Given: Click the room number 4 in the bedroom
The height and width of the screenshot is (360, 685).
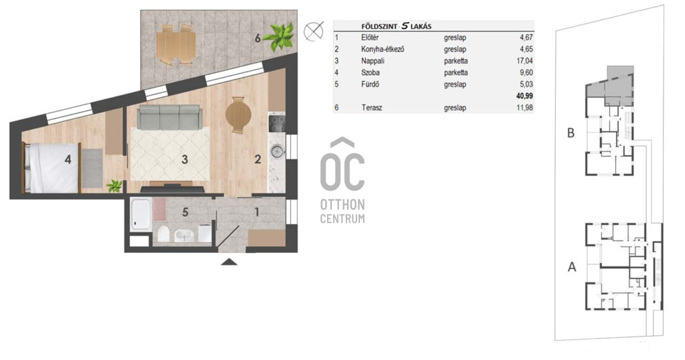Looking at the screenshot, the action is tap(68, 159).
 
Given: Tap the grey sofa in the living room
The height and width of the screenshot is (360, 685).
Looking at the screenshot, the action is tap(169, 117).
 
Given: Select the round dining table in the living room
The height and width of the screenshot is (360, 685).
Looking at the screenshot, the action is tap(238, 115).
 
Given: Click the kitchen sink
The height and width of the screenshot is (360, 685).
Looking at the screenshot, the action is tap(276, 152).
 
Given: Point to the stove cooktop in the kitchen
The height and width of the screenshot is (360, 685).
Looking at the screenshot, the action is tap(276, 122).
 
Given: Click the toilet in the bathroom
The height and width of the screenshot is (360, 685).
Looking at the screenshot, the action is tap(163, 234).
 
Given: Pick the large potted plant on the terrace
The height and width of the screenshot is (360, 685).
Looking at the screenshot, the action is tap(278, 36).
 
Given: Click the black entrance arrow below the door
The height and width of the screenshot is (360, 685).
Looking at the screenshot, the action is tap(229, 262).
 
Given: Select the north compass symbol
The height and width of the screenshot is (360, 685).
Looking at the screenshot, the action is tap(313, 31).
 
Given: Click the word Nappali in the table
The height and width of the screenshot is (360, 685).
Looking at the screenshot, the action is tap(373, 61).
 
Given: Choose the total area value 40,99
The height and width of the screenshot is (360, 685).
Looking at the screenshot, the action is tap(524, 96).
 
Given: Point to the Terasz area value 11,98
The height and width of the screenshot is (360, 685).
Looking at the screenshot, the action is tap(524, 108).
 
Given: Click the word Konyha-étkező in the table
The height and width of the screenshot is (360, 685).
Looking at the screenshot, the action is tap(382, 49).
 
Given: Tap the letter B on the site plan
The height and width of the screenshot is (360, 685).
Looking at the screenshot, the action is tap(571, 132).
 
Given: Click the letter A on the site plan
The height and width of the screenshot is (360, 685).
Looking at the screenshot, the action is tap(572, 266).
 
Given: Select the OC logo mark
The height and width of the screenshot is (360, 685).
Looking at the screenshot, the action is tap(342, 165).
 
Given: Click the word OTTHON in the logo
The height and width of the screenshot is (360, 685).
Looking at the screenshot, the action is tap(342, 205).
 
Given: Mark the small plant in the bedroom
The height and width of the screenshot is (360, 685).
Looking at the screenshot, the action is tap(114, 185).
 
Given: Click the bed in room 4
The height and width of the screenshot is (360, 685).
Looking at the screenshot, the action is tap(52, 168).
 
